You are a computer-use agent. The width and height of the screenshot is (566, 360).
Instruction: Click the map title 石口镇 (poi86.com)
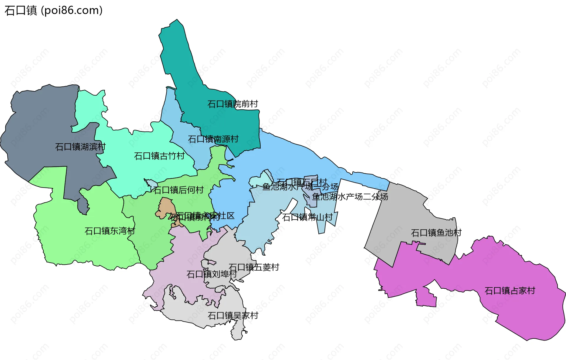[x=53, y=11]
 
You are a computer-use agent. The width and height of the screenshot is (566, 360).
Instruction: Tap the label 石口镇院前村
[x=233, y=104]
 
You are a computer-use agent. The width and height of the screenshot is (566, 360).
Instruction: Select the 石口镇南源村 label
[x=213, y=139]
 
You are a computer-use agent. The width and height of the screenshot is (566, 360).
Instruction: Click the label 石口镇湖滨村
[x=80, y=147]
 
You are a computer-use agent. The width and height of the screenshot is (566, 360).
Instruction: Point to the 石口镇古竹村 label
[x=159, y=156]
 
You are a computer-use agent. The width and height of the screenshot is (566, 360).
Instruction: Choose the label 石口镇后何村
[x=178, y=190]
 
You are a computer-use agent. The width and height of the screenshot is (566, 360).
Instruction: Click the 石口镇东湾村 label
[x=110, y=231]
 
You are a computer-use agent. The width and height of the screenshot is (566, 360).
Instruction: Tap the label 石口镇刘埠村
[x=211, y=274]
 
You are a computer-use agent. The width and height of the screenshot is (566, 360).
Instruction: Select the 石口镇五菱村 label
[x=254, y=267]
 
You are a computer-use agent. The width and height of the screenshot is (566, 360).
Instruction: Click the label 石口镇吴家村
[x=233, y=316]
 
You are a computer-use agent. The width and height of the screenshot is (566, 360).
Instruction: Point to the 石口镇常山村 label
[x=307, y=217]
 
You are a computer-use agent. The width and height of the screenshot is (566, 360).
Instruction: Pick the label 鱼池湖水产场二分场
[x=350, y=197]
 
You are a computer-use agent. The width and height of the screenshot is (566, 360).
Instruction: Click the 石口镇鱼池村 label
[x=436, y=233]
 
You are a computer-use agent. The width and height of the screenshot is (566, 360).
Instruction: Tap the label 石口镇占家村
[x=510, y=291]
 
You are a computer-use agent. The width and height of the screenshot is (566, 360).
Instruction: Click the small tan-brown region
[x=166, y=206]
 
